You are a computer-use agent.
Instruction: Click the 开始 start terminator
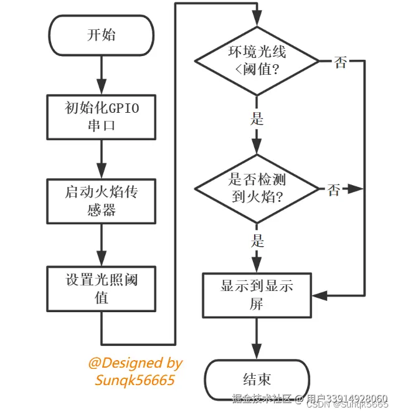coord(102,35)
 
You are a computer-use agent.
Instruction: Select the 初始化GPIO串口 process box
coord(102,117)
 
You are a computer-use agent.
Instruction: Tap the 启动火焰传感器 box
coord(102,201)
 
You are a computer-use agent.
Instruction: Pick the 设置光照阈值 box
coord(102,289)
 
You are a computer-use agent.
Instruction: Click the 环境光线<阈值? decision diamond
coord(257,60)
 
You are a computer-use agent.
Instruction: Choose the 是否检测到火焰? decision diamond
coord(257,188)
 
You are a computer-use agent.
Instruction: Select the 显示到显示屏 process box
coord(257,295)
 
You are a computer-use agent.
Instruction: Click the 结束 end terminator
coord(257,379)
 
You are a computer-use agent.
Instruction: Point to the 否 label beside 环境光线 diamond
coord(341,62)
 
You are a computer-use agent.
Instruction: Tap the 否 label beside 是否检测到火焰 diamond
coord(334,190)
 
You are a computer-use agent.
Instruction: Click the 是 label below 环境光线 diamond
coord(257,118)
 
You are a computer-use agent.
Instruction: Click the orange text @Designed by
coord(135,363)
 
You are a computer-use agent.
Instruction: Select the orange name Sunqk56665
coord(135,380)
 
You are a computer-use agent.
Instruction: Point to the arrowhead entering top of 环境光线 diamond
coord(257,20)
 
